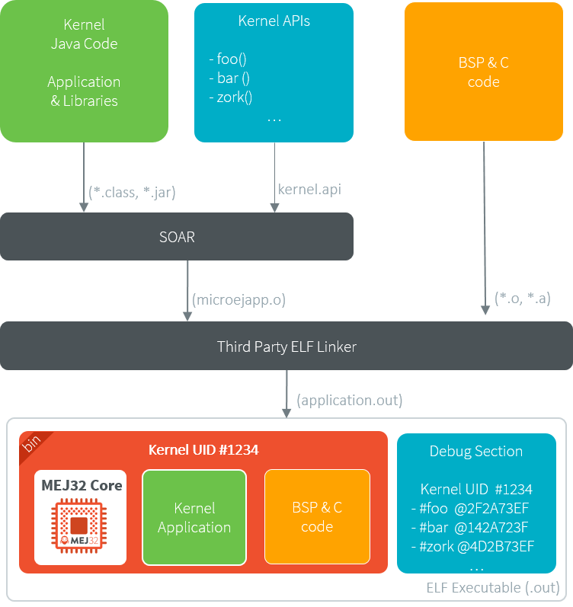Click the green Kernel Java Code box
(x=84, y=71)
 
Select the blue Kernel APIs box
(x=274, y=72)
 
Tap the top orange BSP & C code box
(x=483, y=72)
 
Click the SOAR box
(x=176, y=237)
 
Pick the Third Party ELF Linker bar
(x=286, y=347)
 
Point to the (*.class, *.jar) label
(x=132, y=192)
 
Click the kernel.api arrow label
(x=309, y=189)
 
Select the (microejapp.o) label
(x=239, y=299)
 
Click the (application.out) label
(x=350, y=400)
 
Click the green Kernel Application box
(x=194, y=517)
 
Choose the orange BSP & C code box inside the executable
(x=317, y=517)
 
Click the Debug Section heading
(x=476, y=451)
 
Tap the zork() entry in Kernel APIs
(x=230, y=97)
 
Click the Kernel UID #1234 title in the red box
(x=203, y=450)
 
